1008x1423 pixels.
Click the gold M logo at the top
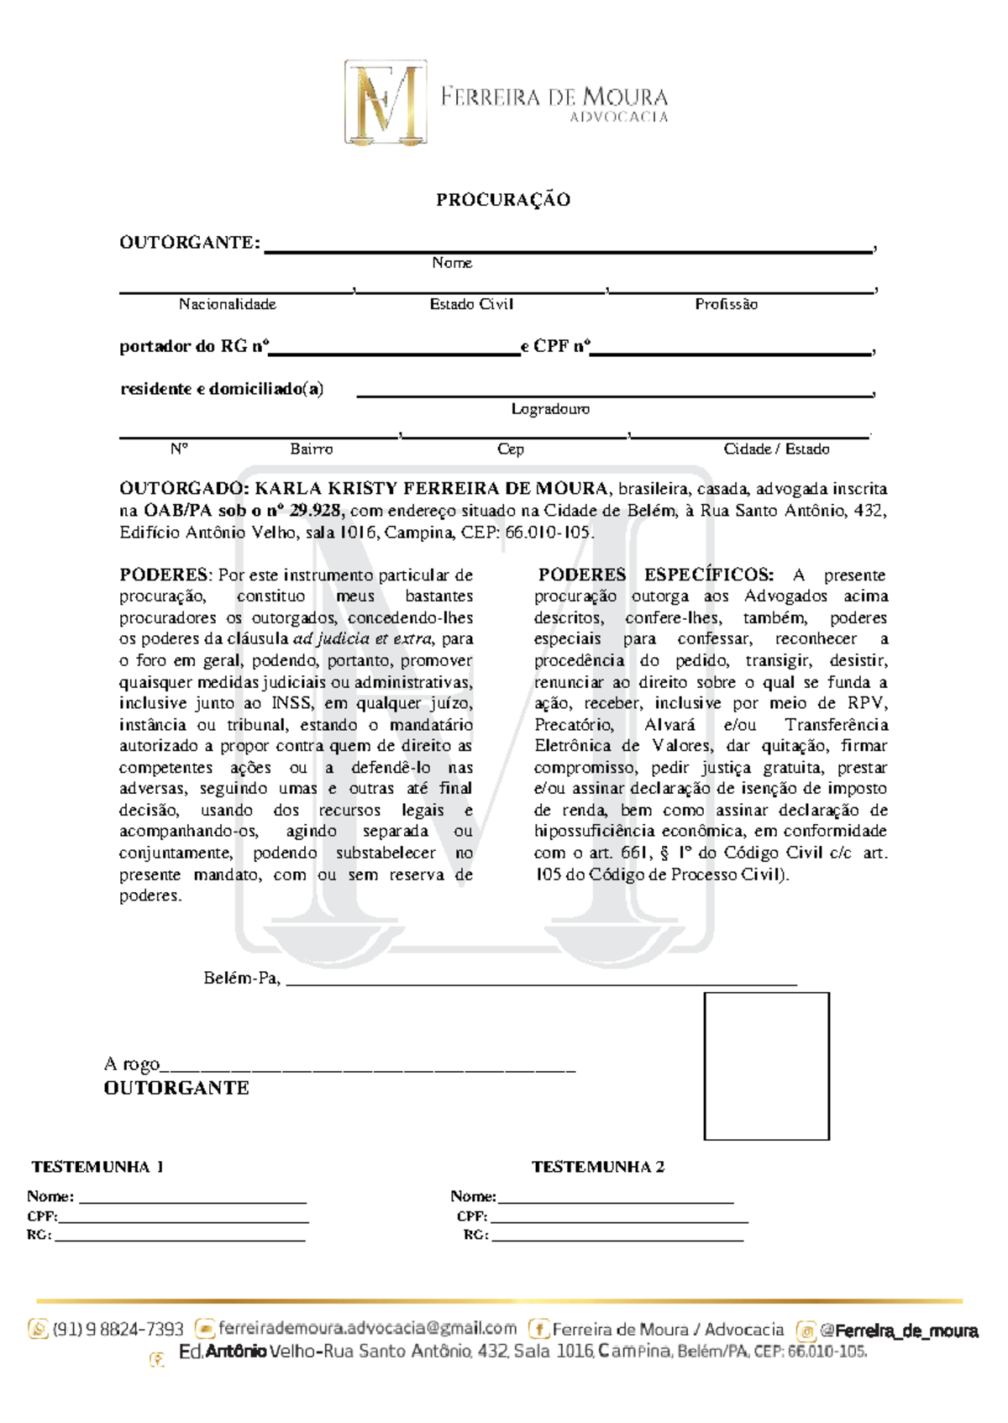[x=386, y=102]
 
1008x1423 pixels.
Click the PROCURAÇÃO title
[x=503, y=200]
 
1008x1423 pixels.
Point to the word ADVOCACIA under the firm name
[x=618, y=118]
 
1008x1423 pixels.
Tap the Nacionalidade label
[x=227, y=304]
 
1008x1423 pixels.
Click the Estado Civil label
[x=471, y=304]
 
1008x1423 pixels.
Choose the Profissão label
[x=726, y=304]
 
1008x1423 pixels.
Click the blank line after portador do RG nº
[x=395, y=350]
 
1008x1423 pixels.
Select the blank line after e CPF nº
[x=731, y=350]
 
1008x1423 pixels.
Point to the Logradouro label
[x=550, y=409]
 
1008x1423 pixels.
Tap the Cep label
[x=510, y=449]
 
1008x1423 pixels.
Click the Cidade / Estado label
[x=776, y=449]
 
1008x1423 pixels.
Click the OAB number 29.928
[x=315, y=511]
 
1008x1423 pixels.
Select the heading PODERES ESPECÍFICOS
[x=655, y=575]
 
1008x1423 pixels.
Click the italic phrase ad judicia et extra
[x=362, y=639]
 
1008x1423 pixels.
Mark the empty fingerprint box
[x=766, y=1066]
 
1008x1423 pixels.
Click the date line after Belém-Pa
[x=542, y=979]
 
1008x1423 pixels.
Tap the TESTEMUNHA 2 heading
[x=597, y=1167]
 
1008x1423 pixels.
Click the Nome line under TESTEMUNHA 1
[x=192, y=1199]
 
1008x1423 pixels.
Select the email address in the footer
[x=367, y=1328]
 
